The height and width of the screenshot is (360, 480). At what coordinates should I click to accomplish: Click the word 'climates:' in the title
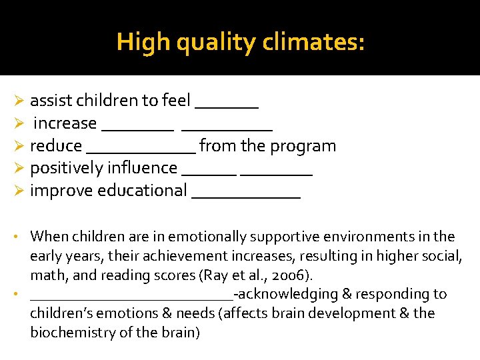[314, 43]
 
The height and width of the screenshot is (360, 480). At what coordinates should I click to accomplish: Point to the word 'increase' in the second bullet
[65, 123]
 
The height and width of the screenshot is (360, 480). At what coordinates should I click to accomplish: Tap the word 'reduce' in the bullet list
[56, 146]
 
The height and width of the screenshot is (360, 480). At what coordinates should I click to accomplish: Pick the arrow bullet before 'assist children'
[19, 101]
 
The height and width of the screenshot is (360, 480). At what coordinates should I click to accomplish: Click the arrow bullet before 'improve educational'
[19, 191]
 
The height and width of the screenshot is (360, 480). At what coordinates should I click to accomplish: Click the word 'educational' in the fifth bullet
[142, 191]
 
